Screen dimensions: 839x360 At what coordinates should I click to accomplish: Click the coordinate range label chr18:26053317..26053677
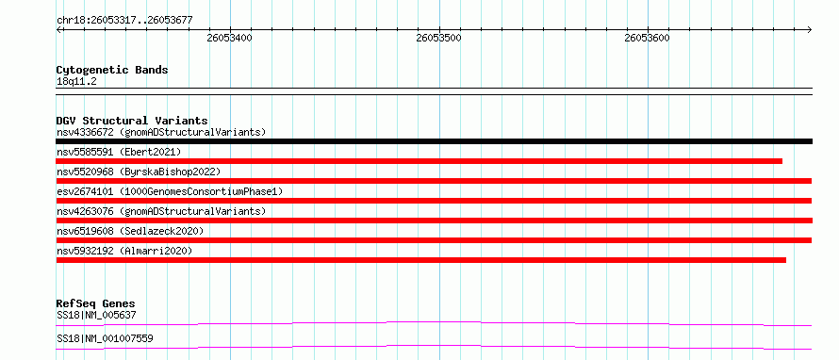tap(124, 21)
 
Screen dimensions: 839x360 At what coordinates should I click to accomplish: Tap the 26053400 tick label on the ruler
tap(230, 39)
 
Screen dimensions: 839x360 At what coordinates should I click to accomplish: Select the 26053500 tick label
tap(438, 39)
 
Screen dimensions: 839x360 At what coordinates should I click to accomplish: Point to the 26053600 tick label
tap(648, 39)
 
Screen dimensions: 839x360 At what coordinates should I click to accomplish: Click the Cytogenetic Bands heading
tap(112, 70)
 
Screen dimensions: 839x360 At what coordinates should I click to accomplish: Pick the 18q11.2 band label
tap(76, 81)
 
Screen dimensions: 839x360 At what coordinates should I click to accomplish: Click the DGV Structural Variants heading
tap(132, 121)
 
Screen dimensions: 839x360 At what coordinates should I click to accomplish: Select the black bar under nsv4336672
tap(434, 141)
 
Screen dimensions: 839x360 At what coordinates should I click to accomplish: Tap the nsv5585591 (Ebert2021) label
tap(119, 152)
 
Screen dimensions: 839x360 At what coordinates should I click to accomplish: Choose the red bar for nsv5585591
tap(419, 161)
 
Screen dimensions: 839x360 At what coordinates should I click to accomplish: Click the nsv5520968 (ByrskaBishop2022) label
tap(139, 172)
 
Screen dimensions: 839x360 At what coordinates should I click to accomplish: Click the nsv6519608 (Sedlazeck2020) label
tap(130, 231)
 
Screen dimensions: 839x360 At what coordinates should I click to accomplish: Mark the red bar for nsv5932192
tap(421, 260)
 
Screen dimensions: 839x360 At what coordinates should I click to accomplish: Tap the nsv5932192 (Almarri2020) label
tap(124, 251)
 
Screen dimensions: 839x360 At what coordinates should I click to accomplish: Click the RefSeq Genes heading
tap(96, 303)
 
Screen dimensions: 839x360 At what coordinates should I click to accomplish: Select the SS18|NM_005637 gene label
tap(96, 315)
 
